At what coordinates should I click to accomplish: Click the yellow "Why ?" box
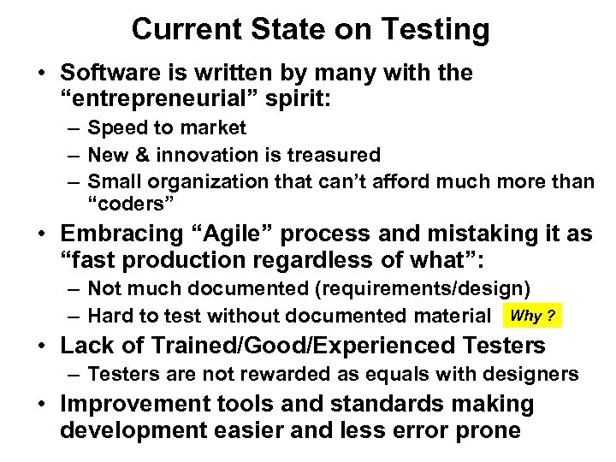pos(532,317)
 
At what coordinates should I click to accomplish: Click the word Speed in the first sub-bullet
pos(115,128)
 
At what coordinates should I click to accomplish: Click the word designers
pos(533,374)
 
